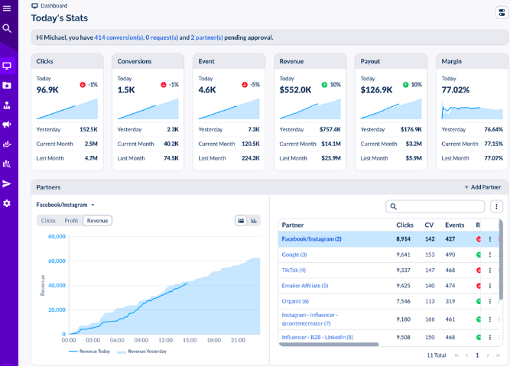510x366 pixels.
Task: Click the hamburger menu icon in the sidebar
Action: (x=7, y=8)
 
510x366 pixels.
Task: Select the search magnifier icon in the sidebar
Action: (x=7, y=28)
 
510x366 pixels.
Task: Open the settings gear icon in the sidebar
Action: (x=7, y=203)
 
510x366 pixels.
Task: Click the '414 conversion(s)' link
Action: (x=119, y=37)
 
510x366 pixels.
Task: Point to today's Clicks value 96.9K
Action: (x=47, y=90)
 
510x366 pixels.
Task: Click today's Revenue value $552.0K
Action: (x=295, y=90)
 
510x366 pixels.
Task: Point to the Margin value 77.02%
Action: (x=456, y=90)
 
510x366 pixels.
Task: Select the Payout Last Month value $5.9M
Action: (x=413, y=158)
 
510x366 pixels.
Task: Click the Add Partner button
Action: (x=482, y=187)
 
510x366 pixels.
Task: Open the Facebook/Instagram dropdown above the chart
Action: (x=66, y=205)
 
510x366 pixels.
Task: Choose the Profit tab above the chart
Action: (x=71, y=221)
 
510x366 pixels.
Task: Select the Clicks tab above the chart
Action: (x=48, y=221)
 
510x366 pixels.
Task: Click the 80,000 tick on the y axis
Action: (x=57, y=237)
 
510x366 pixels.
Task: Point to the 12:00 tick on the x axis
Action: (x=165, y=341)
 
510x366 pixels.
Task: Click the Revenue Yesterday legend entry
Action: (x=143, y=351)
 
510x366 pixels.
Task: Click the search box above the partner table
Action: (x=436, y=206)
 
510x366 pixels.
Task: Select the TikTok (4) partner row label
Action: (x=294, y=270)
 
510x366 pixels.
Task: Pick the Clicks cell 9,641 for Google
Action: (x=404, y=254)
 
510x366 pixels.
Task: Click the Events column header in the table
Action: (x=454, y=225)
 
